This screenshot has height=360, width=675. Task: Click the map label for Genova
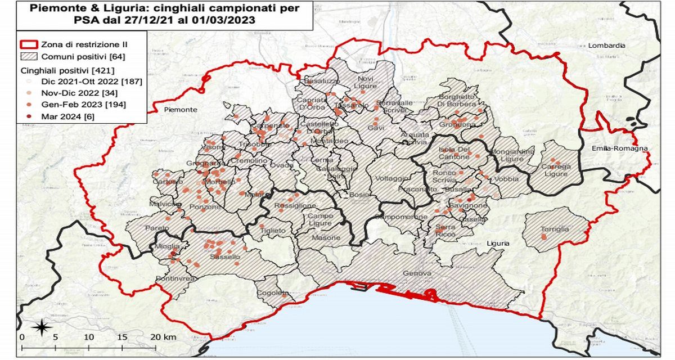click(417, 274)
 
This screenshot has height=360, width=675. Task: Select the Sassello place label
click(225, 257)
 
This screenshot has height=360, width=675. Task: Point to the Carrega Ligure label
click(556, 170)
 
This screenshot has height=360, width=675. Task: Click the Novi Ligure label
click(366, 82)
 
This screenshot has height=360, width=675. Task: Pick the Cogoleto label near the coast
click(273, 293)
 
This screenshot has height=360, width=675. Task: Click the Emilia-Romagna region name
click(619, 148)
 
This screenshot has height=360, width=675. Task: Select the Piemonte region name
click(181, 110)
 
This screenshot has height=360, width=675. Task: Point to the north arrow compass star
click(41, 326)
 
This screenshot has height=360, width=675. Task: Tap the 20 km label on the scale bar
click(163, 337)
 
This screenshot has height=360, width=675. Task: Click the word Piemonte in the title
click(52, 9)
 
